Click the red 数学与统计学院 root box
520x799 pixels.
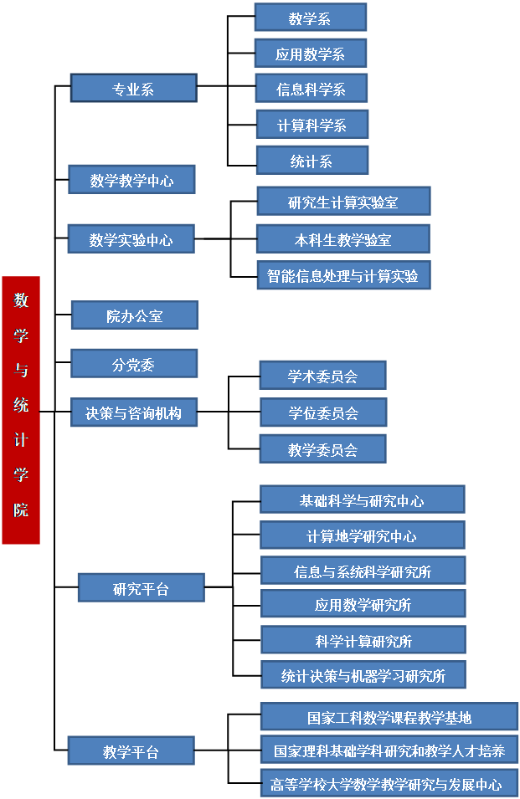click(x=21, y=410)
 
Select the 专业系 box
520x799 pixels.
click(x=133, y=89)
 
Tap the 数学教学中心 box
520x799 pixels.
click(x=131, y=180)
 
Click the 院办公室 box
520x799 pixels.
click(x=134, y=315)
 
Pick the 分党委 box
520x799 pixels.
click(x=134, y=364)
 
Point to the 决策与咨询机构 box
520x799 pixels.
click(x=134, y=412)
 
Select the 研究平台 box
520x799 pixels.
click(x=141, y=588)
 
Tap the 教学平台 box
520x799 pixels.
click(x=131, y=751)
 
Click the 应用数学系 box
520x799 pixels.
click(x=310, y=54)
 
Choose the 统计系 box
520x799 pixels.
click(x=311, y=161)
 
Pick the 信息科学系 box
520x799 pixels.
click(x=311, y=89)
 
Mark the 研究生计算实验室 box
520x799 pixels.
click(x=343, y=202)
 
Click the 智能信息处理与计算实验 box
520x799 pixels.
click(x=343, y=275)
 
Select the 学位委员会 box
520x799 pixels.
click(x=323, y=412)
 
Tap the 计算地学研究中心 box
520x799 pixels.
click(x=362, y=535)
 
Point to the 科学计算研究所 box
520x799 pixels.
click(x=363, y=641)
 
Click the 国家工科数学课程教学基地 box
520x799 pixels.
click(x=389, y=717)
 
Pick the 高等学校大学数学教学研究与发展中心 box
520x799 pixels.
click(x=389, y=784)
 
